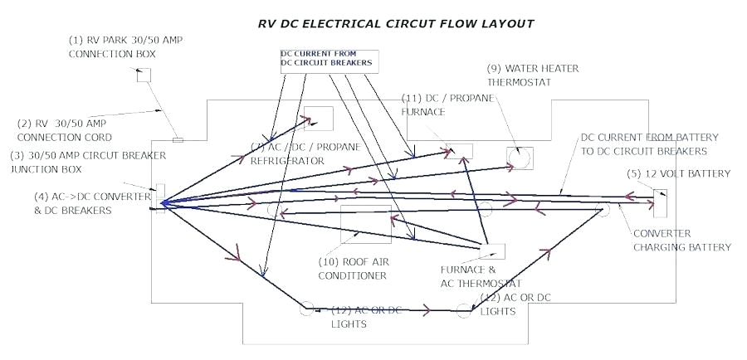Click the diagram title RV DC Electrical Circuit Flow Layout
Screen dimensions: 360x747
coord(396,24)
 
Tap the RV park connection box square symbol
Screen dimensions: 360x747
coord(144,75)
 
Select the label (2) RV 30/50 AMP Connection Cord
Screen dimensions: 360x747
coord(65,130)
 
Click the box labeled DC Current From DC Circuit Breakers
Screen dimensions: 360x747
coord(329,59)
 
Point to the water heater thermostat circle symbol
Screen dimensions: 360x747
coord(520,158)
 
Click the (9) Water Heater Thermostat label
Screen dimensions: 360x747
coord(532,75)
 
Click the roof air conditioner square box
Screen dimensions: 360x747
coord(366,224)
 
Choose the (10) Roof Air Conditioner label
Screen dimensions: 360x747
coord(353,268)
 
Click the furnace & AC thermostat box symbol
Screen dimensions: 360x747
coord(493,251)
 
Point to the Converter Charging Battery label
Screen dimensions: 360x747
coord(681,241)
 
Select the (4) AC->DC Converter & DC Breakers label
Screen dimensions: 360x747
coord(73,203)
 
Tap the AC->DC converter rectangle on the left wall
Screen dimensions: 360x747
coord(160,198)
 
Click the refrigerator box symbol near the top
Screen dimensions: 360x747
coord(319,119)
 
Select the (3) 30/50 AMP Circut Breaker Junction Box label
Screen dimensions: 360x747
coord(88,163)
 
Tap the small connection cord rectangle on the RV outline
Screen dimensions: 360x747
coord(178,139)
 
